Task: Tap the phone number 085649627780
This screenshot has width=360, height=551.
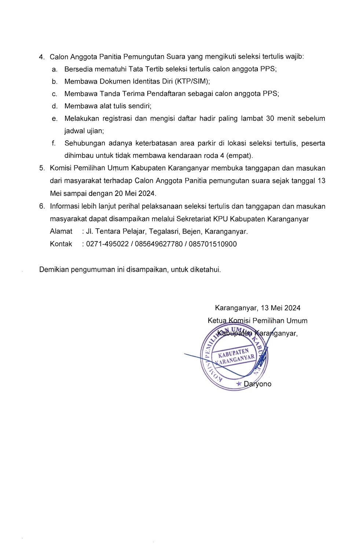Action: [x=159, y=244]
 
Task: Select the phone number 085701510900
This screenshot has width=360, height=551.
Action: [x=213, y=244]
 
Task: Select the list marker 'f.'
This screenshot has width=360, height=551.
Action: [x=54, y=143]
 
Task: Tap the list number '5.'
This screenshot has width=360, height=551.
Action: [x=42, y=168]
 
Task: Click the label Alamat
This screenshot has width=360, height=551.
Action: [x=61, y=232]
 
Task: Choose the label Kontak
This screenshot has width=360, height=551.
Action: [x=61, y=244]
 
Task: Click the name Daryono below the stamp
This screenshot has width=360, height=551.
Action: [x=258, y=384]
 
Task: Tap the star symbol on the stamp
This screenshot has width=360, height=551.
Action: [x=239, y=384]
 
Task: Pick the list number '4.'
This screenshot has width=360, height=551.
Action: [x=42, y=57]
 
